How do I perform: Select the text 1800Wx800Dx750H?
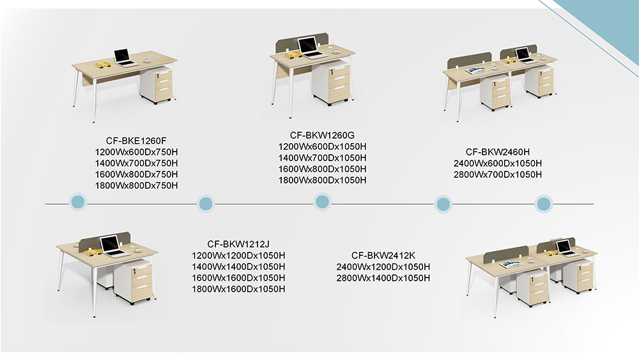136,185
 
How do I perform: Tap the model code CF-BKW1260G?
321,135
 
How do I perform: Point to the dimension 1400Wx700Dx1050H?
322,157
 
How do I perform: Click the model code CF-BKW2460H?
497,152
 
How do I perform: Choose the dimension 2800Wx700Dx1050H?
497,175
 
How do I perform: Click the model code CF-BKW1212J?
238,244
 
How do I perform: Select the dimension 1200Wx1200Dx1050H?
238,255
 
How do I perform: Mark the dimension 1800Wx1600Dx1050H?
238,289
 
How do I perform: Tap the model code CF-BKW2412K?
383,255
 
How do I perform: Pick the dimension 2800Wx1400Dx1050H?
383,278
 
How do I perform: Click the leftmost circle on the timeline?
77,203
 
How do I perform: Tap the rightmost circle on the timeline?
543,204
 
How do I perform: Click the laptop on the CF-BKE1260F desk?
123,57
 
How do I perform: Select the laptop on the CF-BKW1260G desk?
309,47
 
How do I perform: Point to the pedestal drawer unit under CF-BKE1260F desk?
157,84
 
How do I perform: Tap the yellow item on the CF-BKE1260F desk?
102,64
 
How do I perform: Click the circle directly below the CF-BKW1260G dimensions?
323,203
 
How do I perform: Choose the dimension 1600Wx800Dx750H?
136,175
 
